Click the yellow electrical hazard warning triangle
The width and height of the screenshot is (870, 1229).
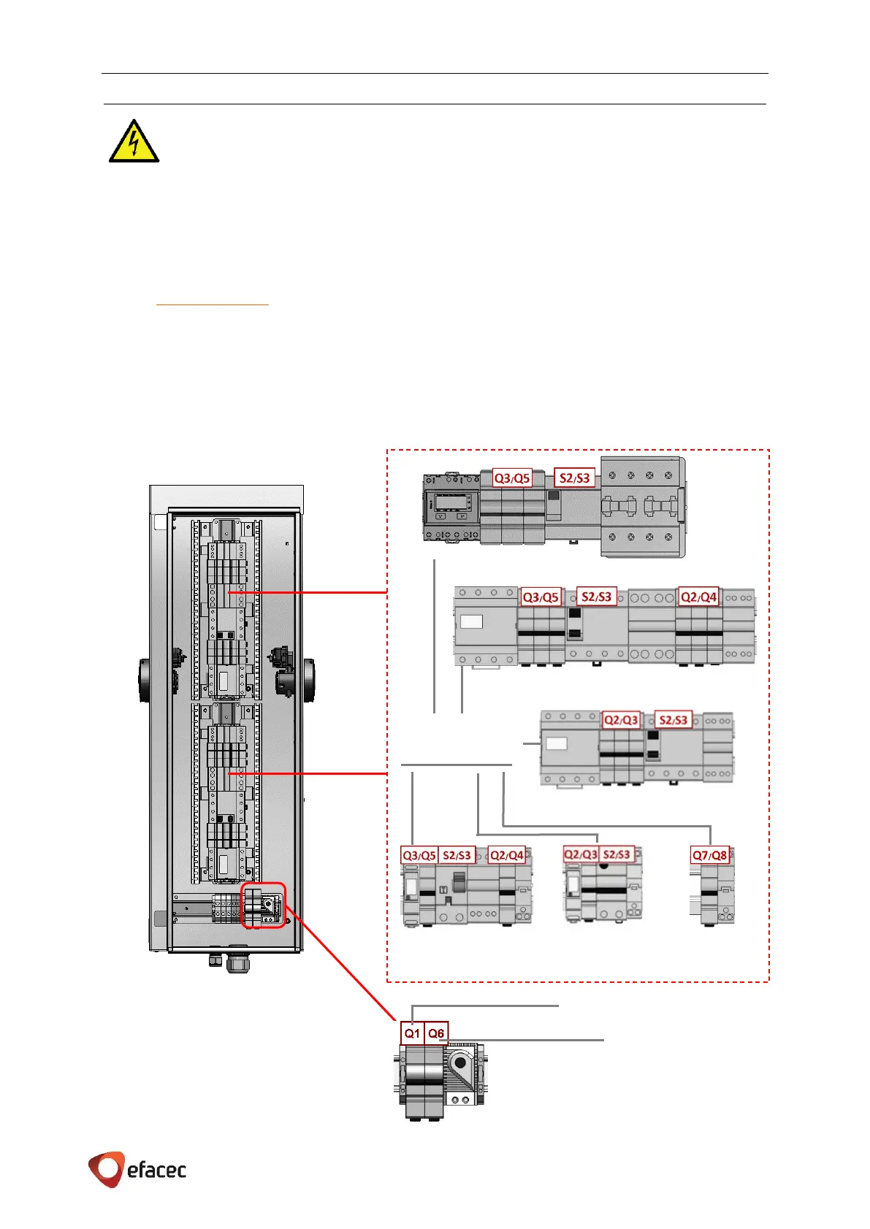(134, 142)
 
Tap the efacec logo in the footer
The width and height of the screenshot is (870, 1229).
(137, 1169)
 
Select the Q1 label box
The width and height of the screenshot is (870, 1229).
(412, 1033)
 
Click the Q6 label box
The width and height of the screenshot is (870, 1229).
(436, 1033)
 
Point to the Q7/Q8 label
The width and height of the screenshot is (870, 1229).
(710, 855)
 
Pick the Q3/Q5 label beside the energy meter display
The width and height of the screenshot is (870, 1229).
(512, 478)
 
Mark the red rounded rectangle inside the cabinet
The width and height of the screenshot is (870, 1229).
(263, 906)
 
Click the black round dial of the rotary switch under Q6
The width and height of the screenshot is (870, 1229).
(460, 1063)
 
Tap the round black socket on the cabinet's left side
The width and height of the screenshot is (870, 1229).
(145, 680)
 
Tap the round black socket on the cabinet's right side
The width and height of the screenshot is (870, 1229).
(308, 680)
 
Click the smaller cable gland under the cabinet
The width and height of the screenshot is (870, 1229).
(215, 960)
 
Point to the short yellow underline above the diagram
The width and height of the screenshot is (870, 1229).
(213, 304)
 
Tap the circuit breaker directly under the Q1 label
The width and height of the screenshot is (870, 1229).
(414, 1081)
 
